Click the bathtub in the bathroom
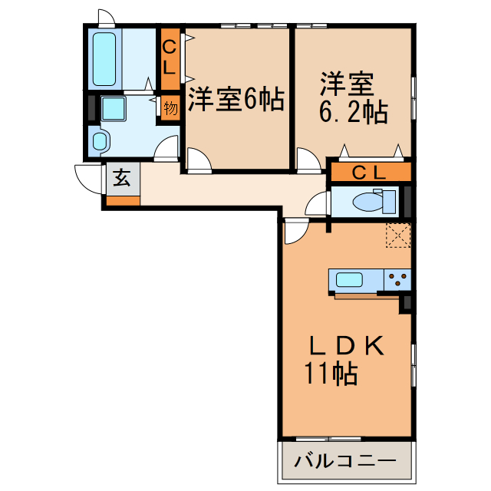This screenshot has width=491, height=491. pyautogui.click(x=104, y=58)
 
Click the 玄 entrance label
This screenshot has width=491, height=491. pyautogui.click(x=122, y=179)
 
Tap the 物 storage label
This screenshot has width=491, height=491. pyautogui.click(x=170, y=108)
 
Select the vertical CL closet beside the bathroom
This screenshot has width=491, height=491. pyautogui.click(x=170, y=58)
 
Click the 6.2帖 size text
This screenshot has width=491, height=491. pyautogui.click(x=352, y=114)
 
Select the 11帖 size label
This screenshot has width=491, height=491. pyautogui.click(x=330, y=374)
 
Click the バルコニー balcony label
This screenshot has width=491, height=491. pyautogui.click(x=345, y=463)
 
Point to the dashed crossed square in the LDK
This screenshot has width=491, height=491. pyautogui.click(x=397, y=236)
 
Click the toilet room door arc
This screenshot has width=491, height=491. pyautogui.click(x=316, y=205)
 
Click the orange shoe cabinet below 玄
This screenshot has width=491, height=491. pyautogui.click(x=123, y=201)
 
